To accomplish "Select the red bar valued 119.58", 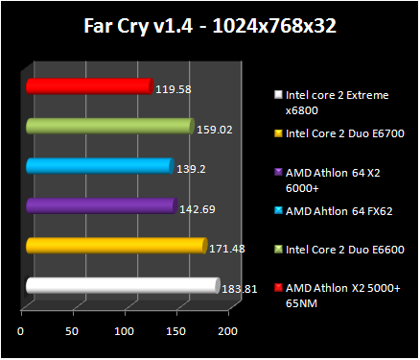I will [89, 87].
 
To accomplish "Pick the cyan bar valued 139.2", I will [99, 166].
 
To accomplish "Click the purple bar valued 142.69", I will [101, 205].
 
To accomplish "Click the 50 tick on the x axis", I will [72, 331].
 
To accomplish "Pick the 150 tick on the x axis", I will [175, 331].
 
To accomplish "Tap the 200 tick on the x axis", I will [226, 331].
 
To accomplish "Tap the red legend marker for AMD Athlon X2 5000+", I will [278, 287].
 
